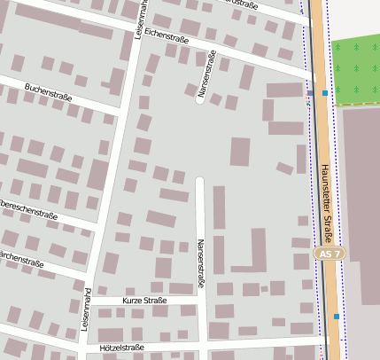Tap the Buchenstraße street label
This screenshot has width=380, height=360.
[x=49, y=92]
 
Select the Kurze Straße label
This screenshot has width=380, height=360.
[x=144, y=301]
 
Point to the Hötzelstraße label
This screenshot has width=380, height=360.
[x=122, y=348]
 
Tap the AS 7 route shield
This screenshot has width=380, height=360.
[x=329, y=254]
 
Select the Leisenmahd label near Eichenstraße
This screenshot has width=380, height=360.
[x=140, y=18]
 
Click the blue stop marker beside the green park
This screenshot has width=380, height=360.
[x=325, y=92]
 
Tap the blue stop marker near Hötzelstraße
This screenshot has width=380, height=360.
[x=336, y=316]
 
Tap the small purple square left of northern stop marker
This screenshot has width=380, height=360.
[x=310, y=92]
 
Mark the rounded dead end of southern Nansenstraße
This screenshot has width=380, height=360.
[x=199, y=181]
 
